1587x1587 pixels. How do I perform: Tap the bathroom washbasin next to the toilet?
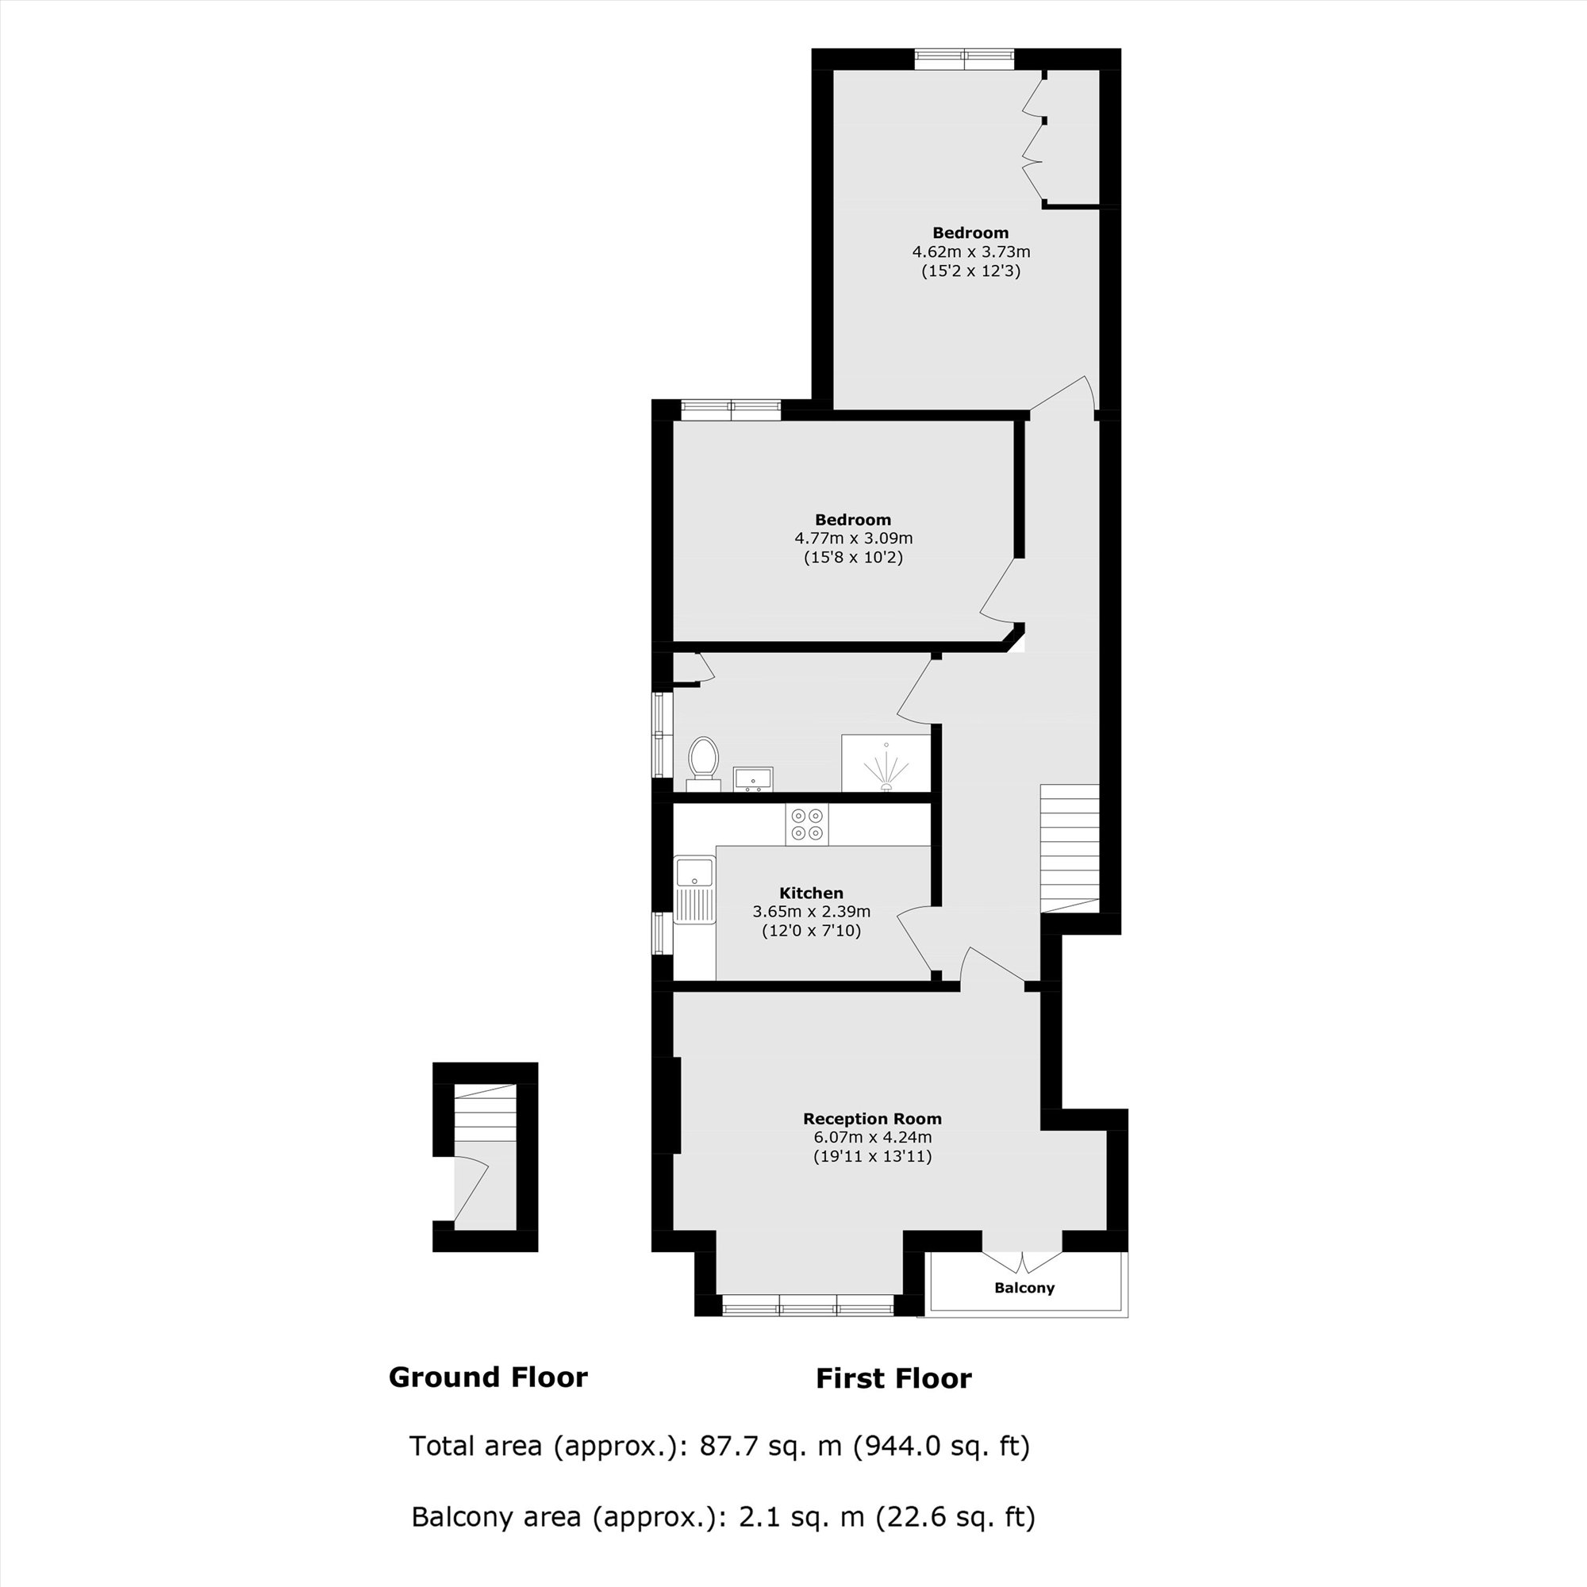tap(752, 778)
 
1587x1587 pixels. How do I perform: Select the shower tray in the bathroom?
tap(886, 764)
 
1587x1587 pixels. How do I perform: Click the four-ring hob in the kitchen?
tap(806, 824)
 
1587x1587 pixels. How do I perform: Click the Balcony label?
tap(1024, 1288)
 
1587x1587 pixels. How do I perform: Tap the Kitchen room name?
tap(811, 893)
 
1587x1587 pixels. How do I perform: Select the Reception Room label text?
tap(872, 1119)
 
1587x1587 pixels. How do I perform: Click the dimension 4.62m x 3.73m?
tap(971, 252)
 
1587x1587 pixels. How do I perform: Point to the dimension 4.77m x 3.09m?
tap(854, 539)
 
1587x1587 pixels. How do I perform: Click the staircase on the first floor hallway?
tap(1070, 846)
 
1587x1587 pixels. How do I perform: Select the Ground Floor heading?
tap(488, 1378)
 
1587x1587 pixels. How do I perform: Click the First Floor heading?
tap(893, 1378)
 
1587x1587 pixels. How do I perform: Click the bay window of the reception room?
tap(807, 1305)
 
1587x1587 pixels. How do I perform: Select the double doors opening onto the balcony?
tap(1023, 1261)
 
